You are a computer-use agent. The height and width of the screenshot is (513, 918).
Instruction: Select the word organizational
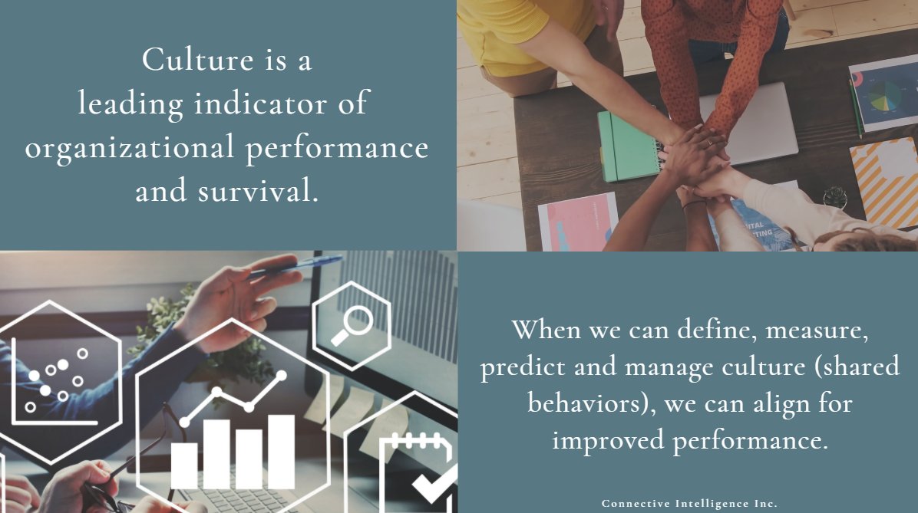tap(129, 147)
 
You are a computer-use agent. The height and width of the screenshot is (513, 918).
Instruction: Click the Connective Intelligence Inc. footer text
tap(689, 504)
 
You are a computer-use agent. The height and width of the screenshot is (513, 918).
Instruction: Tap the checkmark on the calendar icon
tap(434, 482)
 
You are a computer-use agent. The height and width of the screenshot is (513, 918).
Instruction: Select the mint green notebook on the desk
tap(629, 145)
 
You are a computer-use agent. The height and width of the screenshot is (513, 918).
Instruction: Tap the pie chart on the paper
tap(884, 95)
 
